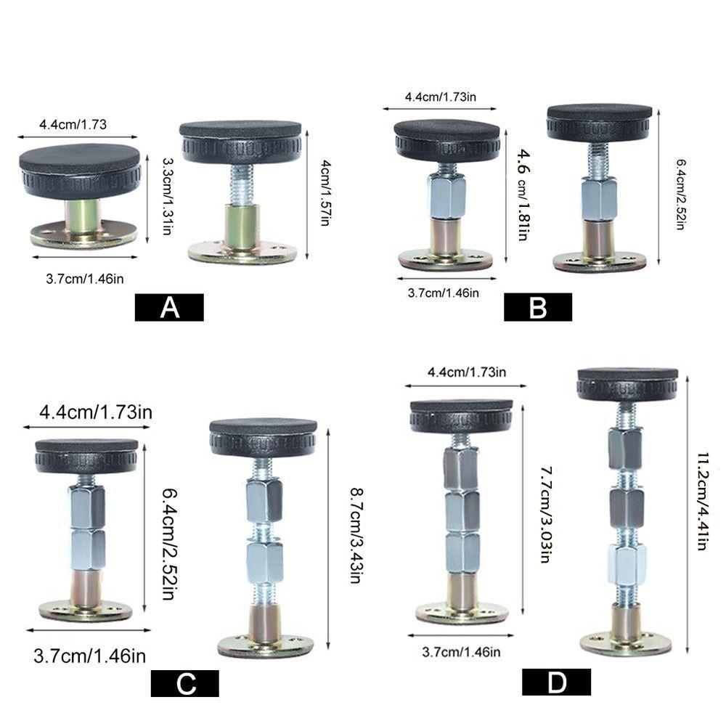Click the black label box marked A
tap(169, 307)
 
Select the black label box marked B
tap(538, 307)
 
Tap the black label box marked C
tap(184, 683)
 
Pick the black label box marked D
tap(557, 682)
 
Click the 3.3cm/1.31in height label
tap(168, 196)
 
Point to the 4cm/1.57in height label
tap(326, 192)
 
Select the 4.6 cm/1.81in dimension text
tap(523, 195)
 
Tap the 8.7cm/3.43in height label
tap(356, 535)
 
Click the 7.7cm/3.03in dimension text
tap(547, 515)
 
